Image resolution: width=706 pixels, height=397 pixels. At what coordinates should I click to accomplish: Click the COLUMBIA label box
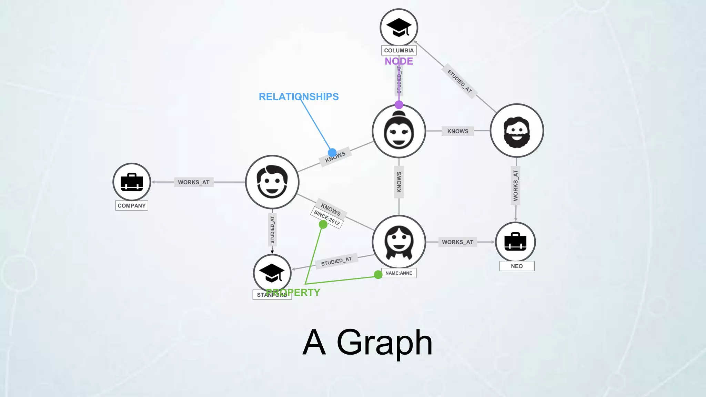399,50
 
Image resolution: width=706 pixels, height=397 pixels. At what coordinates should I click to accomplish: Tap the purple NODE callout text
399,61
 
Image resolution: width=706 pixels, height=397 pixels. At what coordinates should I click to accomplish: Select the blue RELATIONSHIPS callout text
299,97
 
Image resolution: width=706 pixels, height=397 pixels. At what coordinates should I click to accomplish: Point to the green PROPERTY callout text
293,293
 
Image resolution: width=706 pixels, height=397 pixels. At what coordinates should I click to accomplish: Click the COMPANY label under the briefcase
132,206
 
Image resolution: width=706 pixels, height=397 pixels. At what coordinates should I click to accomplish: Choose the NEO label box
517,266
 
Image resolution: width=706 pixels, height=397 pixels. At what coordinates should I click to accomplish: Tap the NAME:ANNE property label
399,273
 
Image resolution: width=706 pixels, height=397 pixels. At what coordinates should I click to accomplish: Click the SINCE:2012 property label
327,218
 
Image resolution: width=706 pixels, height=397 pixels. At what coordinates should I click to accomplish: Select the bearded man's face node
516,131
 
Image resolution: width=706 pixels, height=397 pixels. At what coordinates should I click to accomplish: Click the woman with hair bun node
399,131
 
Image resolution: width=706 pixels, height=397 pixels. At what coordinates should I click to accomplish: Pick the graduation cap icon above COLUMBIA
399,27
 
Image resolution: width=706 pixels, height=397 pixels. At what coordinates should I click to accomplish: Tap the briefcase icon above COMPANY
132,182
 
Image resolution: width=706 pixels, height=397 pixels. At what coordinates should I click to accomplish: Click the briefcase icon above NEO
515,242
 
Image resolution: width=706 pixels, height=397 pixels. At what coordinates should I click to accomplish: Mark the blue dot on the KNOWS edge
332,152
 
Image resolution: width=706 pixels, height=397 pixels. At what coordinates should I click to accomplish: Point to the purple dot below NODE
399,105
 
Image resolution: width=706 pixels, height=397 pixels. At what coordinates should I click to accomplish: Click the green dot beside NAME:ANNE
378,274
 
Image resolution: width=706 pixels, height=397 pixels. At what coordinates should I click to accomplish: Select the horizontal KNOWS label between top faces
458,131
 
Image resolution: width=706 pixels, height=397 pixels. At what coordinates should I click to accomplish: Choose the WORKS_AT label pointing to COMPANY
194,182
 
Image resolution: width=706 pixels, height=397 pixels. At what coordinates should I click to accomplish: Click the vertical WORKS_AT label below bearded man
515,185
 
